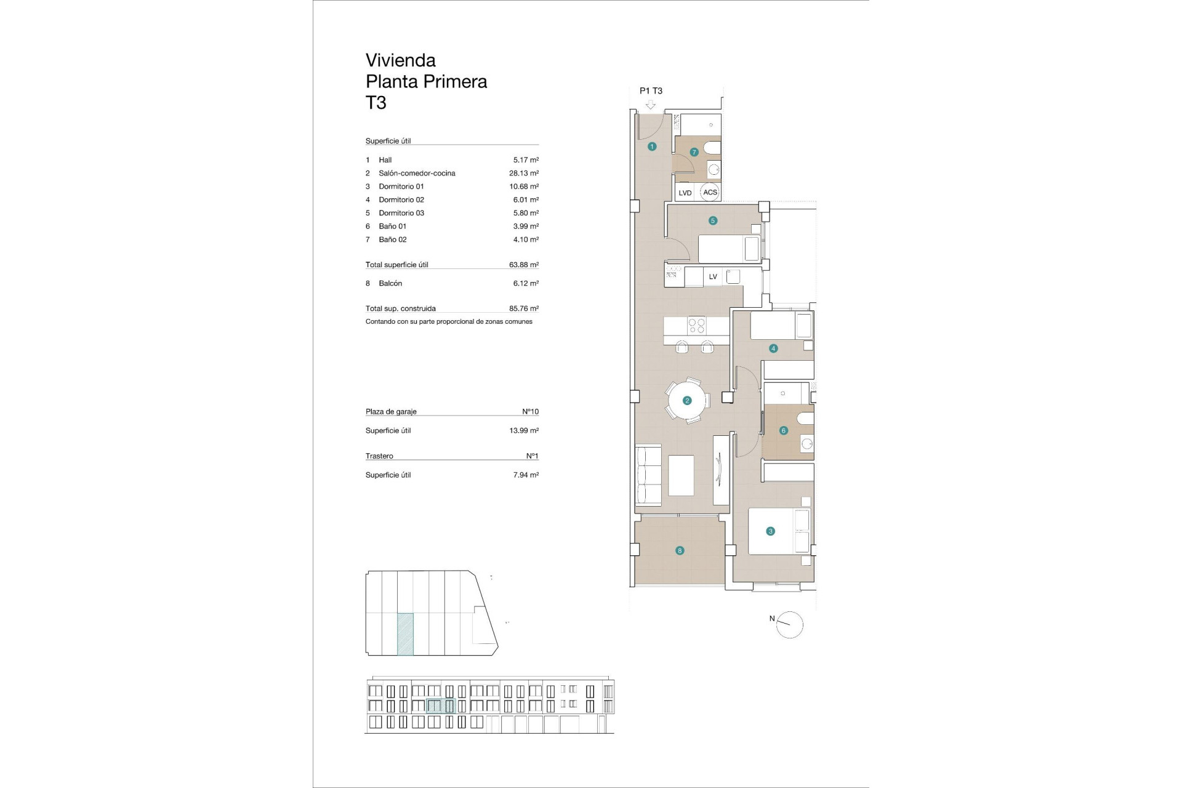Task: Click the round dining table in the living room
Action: [687, 401]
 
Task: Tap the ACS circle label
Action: [710, 192]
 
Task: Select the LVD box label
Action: [685, 193]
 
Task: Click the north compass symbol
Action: [789, 625]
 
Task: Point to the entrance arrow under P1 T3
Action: [651, 105]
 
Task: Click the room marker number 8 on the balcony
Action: [680, 551]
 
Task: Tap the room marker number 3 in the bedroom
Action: [770, 531]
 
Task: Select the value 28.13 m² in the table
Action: [523, 173]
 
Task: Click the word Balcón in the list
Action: [390, 283]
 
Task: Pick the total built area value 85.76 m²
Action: [523, 308]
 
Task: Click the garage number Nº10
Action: [530, 411]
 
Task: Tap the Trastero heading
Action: [379, 456]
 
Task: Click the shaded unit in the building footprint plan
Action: [405, 634]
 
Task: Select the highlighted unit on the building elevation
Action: [441, 706]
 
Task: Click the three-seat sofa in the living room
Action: [648, 475]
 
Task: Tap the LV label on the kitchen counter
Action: [713, 277]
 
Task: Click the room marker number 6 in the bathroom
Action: [784, 431]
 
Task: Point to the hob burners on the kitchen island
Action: [697, 325]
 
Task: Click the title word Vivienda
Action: [401, 60]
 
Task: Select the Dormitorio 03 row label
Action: [401, 213]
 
